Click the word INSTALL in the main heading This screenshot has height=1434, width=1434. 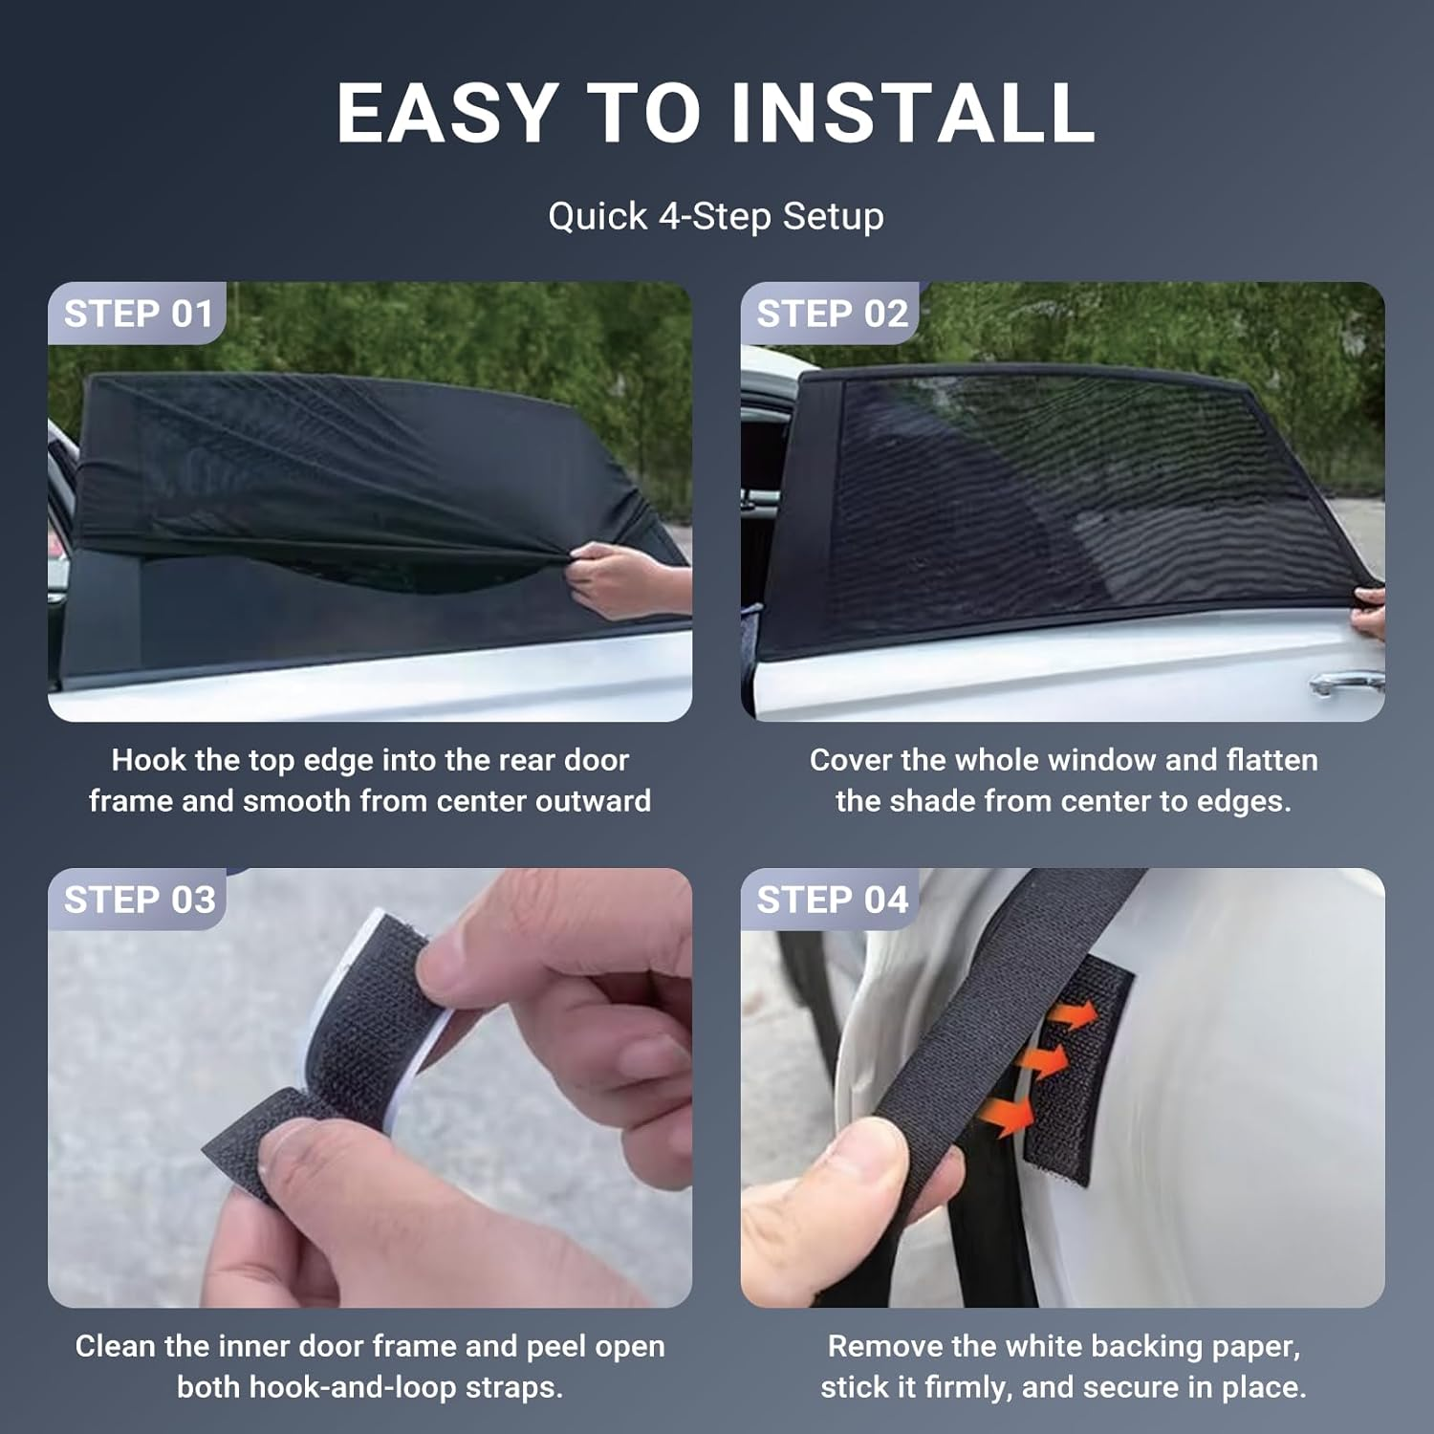point(913,113)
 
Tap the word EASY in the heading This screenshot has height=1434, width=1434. point(447,113)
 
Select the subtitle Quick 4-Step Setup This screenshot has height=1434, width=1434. point(716,216)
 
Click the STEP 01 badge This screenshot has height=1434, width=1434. point(138,314)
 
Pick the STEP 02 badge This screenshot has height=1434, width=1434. point(831,314)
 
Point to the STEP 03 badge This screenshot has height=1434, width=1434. point(139,900)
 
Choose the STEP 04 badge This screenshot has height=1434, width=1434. point(832,900)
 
